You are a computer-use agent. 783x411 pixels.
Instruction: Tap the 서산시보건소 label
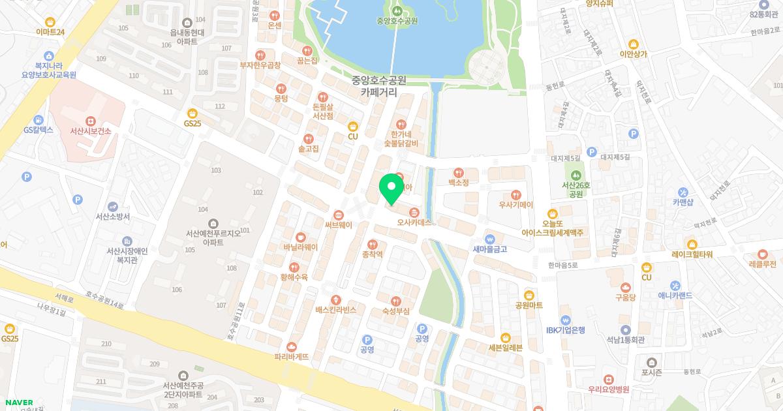point(91,131)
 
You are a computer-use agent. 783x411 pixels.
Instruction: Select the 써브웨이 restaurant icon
point(338,215)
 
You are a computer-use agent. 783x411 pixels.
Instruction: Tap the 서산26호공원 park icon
point(576,175)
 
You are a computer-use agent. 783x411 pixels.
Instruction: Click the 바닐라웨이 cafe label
point(300,247)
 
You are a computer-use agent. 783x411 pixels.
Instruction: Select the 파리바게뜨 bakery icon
point(292,346)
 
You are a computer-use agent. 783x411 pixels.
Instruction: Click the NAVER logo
point(16,403)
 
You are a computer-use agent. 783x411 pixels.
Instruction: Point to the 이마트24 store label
point(50,31)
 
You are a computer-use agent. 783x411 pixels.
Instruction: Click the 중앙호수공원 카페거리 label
point(378,86)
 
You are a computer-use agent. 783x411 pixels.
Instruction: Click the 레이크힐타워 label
point(692,254)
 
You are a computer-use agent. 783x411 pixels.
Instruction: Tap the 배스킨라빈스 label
point(336,310)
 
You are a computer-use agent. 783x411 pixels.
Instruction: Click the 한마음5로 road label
point(563,265)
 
